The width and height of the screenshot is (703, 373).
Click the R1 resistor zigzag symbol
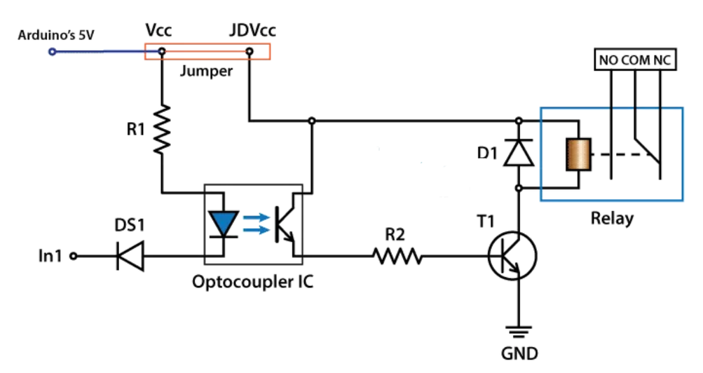(163, 129)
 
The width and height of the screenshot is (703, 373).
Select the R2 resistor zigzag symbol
(397, 257)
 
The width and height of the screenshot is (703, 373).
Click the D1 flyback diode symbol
(519, 154)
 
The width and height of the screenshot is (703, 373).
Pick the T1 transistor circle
(512, 257)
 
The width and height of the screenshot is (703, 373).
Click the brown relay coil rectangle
(578, 154)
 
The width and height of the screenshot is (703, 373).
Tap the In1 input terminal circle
(74, 257)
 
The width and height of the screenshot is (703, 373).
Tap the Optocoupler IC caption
(252, 283)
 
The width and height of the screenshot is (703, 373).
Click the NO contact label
(608, 61)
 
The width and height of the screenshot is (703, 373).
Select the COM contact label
(635, 61)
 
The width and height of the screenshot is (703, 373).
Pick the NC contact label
(662, 61)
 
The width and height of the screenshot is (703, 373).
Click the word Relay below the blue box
(612, 218)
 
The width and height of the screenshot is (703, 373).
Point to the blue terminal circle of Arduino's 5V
(53, 51)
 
